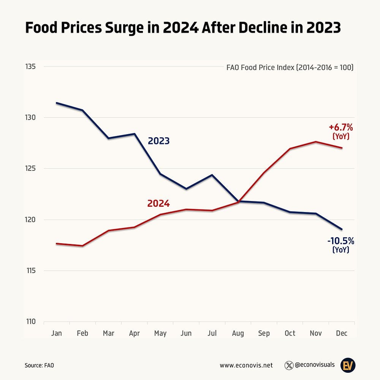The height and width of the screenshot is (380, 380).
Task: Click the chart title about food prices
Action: [x=183, y=28]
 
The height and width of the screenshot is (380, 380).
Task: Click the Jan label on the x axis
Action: [x=56, y=333]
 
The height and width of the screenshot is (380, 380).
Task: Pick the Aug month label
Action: [x=238, y=333]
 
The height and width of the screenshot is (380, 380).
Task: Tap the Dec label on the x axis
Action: [x=342, y=333]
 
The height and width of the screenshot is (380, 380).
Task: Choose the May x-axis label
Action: [x=160, y=333]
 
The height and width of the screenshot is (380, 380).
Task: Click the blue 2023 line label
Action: [x=158, y=141]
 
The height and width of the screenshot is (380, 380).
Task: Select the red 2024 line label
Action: [x=158, y=204]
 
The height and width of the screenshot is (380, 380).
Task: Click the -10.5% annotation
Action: [x=340, y=241]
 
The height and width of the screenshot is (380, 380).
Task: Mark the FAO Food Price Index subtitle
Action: [x=290, y=68]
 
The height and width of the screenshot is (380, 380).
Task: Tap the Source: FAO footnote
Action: [x=40, y=365]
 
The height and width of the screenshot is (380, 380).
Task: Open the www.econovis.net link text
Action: [x=246, y=365]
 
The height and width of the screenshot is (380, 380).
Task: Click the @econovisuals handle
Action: [x=315, y=365]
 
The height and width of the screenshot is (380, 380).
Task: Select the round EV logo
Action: [x=348, y=365]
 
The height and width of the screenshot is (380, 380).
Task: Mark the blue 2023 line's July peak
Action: [x=212, y=175]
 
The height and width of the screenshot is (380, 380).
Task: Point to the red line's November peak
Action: [x=316, y=142]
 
